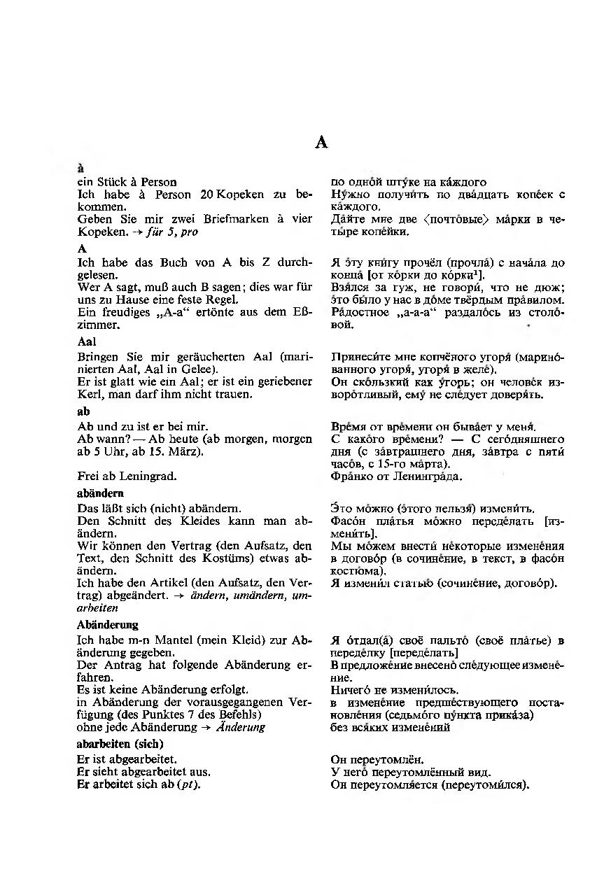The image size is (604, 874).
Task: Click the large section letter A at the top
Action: coord(321,143)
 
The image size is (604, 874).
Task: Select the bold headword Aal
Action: coord(87,342)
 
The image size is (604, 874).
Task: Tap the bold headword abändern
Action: coord(100,493)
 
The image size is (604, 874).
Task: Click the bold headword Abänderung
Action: coord(107,624)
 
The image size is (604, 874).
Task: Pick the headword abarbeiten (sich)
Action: coord(120,743)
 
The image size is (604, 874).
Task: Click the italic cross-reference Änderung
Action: coord(241,727)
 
